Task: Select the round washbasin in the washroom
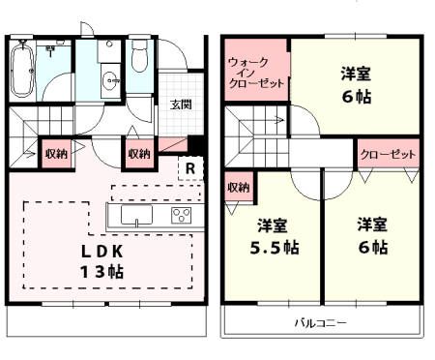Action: click(109, 80)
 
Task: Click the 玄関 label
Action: click(180, 105)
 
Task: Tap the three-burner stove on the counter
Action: click(181, 215)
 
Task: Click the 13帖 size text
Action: click(101, 271)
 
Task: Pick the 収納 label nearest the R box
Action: click(138, 153)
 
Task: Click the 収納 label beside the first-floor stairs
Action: click(55, 153)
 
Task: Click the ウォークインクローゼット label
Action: click(256, 74)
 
